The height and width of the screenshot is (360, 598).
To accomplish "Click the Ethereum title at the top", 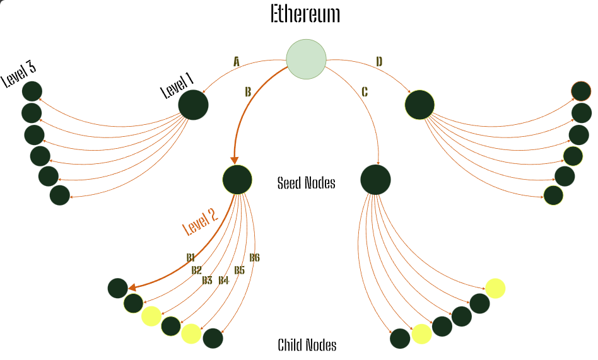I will pyautogui.click(x=305, y=14).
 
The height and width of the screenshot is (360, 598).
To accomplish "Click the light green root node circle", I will pyautogui.click(x=306, y=59).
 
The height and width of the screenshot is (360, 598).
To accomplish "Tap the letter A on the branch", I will pyautogui.click(x=237, y=62).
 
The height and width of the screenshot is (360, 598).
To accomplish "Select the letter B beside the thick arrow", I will pyautogui.click(x=248, y=92).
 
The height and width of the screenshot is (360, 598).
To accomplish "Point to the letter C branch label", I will pyautogui.click(x=365, y=92).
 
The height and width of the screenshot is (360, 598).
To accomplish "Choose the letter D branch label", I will pyautogui.click(x=379, y=62).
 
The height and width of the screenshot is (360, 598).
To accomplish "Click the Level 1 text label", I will pyautogui.click(x=177, y=84).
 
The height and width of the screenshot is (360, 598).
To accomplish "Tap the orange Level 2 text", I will pyautogui.click(x=200, y=221).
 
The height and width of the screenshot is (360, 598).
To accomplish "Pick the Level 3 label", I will pyautogui.click(x=18, y=74).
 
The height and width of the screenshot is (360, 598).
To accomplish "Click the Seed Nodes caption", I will pyautogui.click(x=306, y=183).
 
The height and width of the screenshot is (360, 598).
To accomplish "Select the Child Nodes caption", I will pyautogui.click(x=307, y=345).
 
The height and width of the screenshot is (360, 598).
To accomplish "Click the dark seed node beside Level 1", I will pyautogui.click(x=193, y=105).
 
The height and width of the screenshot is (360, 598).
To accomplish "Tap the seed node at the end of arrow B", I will pyautogui.click(x=237, y=180).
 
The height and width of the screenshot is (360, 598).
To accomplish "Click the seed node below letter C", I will pyautogui.click(x=375, y=180).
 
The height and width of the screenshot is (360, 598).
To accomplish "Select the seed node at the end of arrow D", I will pyautogui.click(x=419, y=105).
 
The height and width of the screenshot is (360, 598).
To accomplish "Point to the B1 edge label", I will pyautogui.click(x=191, y=258).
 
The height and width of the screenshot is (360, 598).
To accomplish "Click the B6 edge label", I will pyautogui.click(x=254, y=258).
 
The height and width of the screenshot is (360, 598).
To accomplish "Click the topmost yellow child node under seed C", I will pyautogui.click(x=495, y=288).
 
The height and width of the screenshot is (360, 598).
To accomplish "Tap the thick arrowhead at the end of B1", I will pyautogui.click(x=132, y=288).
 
